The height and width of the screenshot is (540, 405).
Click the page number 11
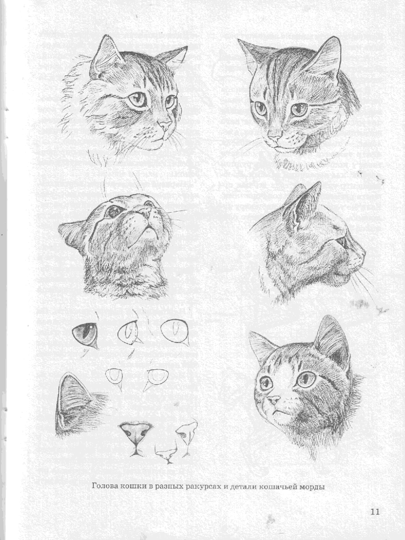[375, 511]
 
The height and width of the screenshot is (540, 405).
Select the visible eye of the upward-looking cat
[113, 211]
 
